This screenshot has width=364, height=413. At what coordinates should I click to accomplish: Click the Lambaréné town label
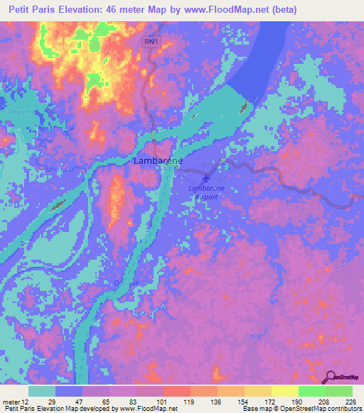point(158,161)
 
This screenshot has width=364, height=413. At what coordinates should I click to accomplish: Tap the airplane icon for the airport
point(206,177)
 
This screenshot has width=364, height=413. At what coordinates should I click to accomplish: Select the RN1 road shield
point(151,43)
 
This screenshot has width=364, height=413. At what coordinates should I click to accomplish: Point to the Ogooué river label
point(126,282)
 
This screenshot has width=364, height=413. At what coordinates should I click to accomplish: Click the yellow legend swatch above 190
point(285,391)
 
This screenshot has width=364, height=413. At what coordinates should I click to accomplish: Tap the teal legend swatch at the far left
point(42,391)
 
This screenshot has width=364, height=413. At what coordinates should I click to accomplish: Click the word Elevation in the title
point(83,9)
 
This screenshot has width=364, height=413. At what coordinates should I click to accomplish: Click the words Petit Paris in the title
point(31,9)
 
